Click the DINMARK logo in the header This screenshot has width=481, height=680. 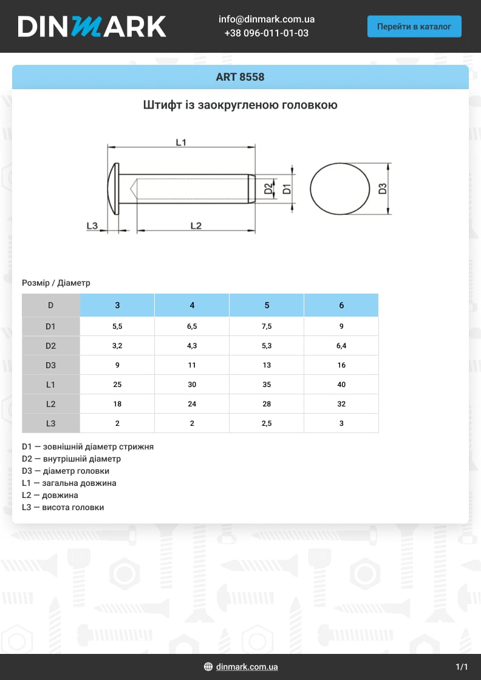pyautogui.click(x=92, y=27)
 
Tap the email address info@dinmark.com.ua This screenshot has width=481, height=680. pyautogui.click(x=266, y=19)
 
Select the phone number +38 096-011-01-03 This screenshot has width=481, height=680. pyautogui.click(x=266, y=33)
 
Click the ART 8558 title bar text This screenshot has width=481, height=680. pyautogui.click(x=240, y=77)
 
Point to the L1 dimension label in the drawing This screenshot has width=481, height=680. pyautogui.click(x=180, y=142)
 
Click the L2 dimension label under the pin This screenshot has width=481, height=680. pyautogui.click(x=196, y=226)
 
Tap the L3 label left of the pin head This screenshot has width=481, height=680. pyautogui.click(x=92, y=226)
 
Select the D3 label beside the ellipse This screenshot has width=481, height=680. pyautogui.click(x=383, y=189)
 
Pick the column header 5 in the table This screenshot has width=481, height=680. pyautogui.click(x=267, y=305)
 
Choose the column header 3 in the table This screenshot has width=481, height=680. pyautogui.click(x=117, y=305)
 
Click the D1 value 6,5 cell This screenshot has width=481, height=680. pyautogui.click(x=192, y=326)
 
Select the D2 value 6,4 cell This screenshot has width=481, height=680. pyautogui.click(x=341, y=346)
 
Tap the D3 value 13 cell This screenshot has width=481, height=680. pyautogui.click(x=267, y=365)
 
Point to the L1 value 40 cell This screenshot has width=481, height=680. pyautogui.click(x=341, y=385)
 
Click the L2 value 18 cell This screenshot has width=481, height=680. pyautogui.click(x=117, y=404)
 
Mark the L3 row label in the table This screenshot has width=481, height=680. pyautogui.click(x=50, y=423)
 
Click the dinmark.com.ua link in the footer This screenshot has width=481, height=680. pyautogui.click(x=247, y=667)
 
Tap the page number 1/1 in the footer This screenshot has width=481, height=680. pyautogui.click(x=462, y=667)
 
